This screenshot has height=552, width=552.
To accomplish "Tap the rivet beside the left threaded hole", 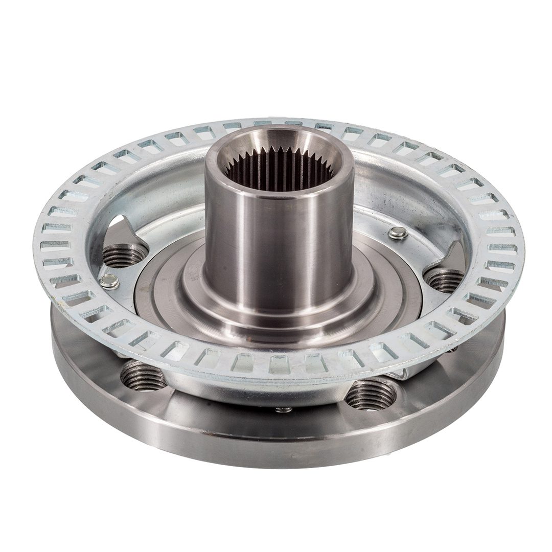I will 109,281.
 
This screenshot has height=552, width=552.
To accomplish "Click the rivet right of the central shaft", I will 398,234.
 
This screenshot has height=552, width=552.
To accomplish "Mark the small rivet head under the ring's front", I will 284,409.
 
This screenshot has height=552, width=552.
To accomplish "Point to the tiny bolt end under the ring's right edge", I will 452,349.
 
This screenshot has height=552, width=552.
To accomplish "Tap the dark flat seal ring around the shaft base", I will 153,296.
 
